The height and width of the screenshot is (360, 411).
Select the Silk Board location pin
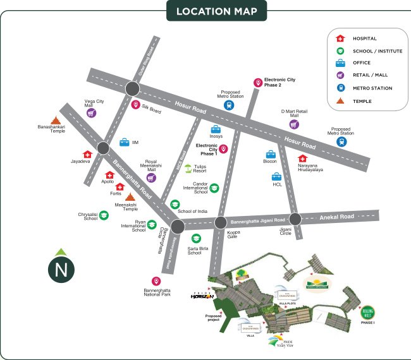135,105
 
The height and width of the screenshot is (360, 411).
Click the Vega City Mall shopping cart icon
92,114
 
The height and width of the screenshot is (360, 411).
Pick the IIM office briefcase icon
124,142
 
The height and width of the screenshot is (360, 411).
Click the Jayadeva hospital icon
87,154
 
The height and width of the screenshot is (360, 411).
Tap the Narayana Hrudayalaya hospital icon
302,160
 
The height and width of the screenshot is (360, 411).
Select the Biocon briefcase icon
271,155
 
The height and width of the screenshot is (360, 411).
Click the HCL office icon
276,177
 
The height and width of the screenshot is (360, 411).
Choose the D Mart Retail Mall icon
293,124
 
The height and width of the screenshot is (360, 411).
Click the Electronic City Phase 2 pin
257,83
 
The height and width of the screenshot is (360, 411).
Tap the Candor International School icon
214,188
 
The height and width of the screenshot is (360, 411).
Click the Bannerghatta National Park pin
156,281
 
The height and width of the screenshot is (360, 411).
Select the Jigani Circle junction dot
295,219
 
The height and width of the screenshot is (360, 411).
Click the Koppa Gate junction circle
221,222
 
